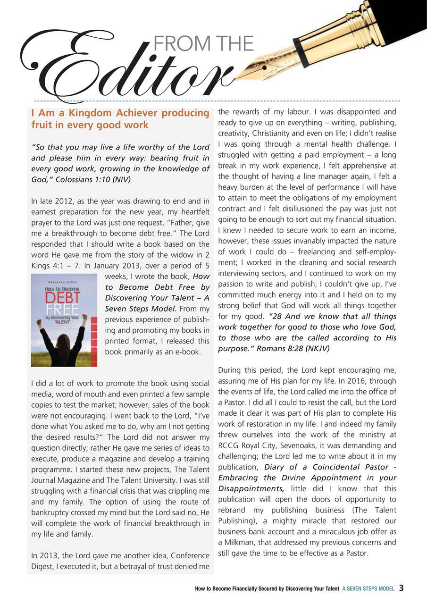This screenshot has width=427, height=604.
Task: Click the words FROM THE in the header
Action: pos(204,44)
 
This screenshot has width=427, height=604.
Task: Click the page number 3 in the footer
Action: pos(401,588)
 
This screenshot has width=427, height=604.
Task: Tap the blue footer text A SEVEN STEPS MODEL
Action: pos(368,588)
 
